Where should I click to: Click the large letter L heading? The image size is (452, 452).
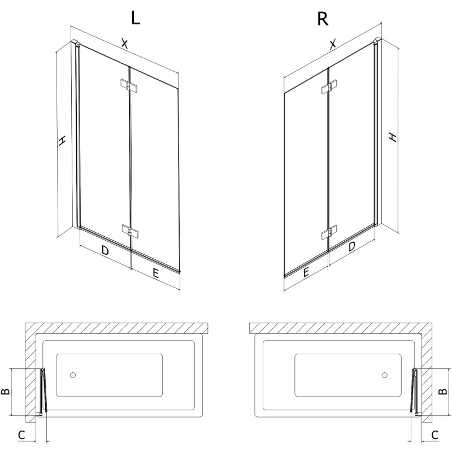(x=136, y=19)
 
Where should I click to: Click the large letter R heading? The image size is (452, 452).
(x=323, y=19)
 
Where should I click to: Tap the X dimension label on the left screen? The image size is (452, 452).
(x=124, y=44)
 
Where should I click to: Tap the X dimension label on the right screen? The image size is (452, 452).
(x=333, y=44)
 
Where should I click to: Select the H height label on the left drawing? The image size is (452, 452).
(x=62, y=140)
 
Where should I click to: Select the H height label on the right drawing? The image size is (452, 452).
(x=393, y=137)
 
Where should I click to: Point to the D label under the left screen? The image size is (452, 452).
(x=105, y=250)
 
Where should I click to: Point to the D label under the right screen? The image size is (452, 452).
(x=351, y=246)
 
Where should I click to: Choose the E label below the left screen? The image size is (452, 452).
(x=155, y=273)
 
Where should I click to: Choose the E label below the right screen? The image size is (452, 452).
(x=306, y=272)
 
